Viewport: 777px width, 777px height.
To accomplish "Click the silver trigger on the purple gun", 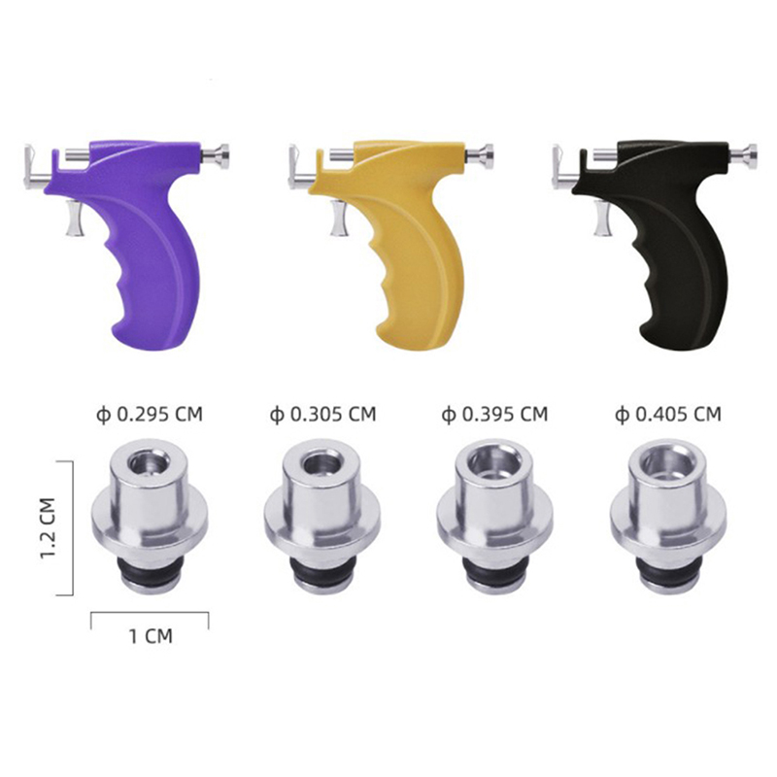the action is click(x=75, y=218).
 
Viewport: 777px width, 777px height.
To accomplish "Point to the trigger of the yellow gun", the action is click(x=338, y=218).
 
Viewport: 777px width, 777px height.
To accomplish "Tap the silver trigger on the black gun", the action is click(x=602, y=218).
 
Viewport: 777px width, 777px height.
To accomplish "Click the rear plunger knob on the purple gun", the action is click(x=217, y=154).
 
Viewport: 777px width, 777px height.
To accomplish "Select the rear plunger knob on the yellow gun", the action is click(x=481, y=154).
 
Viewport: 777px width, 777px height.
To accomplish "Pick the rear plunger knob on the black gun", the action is click(x=745, y=154).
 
